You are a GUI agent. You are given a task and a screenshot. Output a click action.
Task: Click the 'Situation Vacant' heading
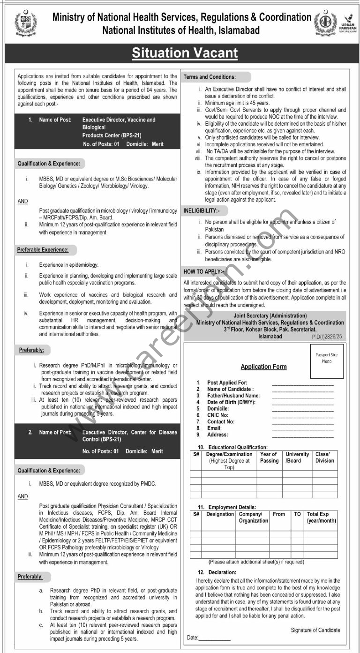[x=185, y=53]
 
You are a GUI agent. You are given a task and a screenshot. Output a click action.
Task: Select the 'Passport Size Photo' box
[x=326, y=361]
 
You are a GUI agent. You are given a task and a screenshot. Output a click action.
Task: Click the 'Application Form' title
[x=263, y=367]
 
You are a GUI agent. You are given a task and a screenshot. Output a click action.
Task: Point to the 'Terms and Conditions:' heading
[x=210, y=77]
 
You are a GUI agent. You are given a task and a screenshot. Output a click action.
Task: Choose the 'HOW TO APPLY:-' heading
[x=204, y=271]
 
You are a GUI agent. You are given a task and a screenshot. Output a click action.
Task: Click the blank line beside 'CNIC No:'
[x=302, y=415]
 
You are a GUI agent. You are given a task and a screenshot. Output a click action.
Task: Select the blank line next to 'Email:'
[x=302, y=428]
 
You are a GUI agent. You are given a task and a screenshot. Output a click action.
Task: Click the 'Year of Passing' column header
[x=269, y=457]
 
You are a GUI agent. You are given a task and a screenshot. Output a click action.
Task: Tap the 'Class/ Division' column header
[x=325, y=457]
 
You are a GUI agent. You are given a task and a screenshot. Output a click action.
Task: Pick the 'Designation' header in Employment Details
[x=220, y=514]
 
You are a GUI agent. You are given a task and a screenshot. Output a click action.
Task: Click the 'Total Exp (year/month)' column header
[x=321, y=518]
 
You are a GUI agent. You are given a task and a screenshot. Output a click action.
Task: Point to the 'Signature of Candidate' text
[x=315, y=630]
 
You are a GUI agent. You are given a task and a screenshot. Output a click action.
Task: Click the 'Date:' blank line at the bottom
[x=215, y=639]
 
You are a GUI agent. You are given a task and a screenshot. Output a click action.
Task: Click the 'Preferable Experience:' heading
[x=43, y=249]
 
